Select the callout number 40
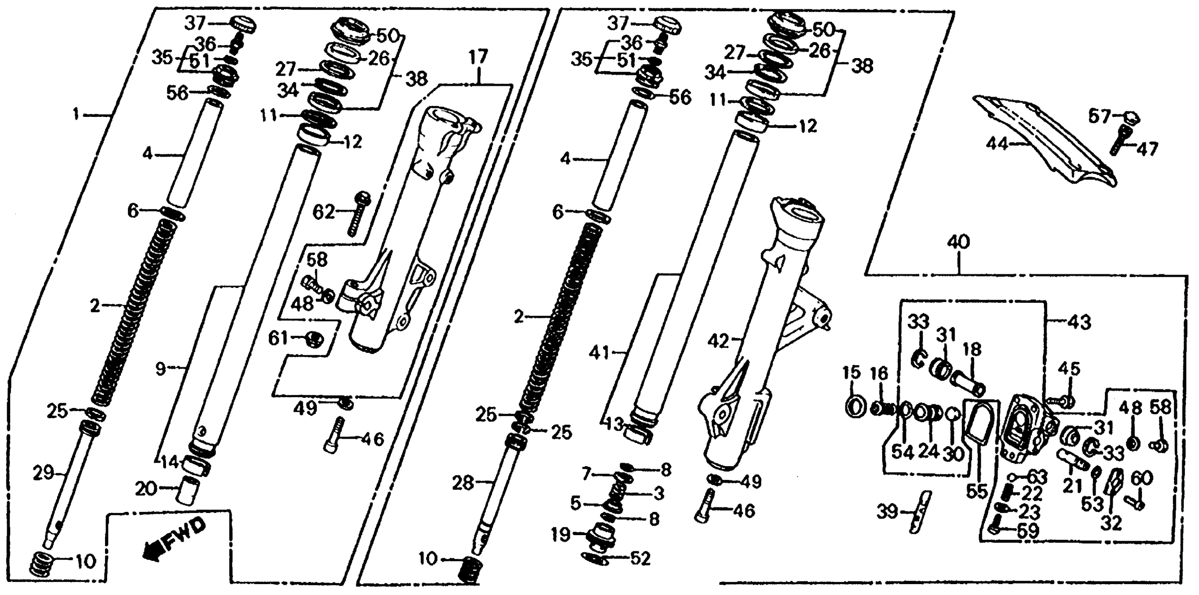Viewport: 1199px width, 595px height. (958, 242)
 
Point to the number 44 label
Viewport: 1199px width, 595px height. (997, 145)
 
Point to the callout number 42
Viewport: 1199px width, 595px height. (717, 342)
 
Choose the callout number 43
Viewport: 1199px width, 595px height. (1079, 322)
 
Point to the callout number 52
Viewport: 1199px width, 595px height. (639, 558)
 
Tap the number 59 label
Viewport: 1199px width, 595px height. (1028, 531)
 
